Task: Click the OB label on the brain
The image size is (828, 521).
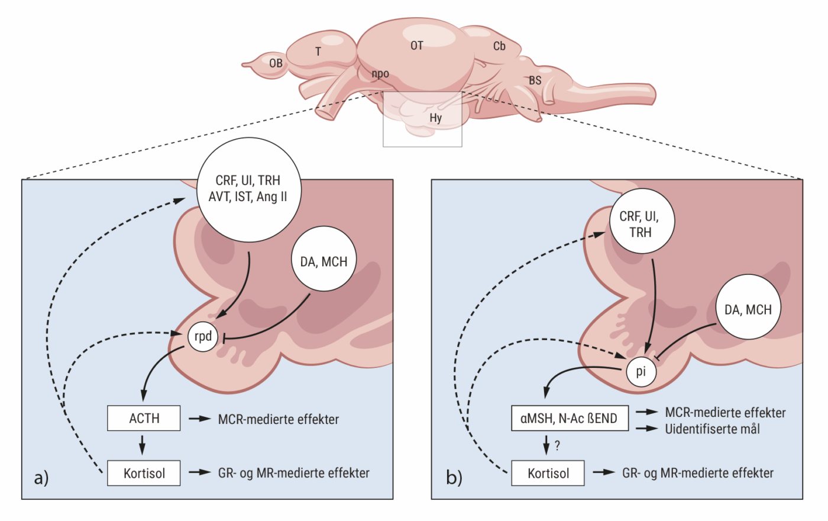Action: pos(276,63)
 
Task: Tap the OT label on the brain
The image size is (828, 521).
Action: pos(417,46)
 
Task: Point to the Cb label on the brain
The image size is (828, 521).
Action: pos(499,46)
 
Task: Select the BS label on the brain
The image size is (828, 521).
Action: pos(535,80)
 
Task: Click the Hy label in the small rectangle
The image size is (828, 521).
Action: pos(436,118)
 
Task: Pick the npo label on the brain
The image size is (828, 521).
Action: pos(380,74)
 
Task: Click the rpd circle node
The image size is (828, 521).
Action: pos(203,336)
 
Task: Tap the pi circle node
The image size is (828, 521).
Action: pos(641,372)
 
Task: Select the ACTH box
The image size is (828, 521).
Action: pos(144,419)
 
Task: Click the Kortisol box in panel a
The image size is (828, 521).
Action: pos(144,473)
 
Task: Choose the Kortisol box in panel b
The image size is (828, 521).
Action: pos(548,473)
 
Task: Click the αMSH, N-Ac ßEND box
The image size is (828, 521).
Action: pos(569,419)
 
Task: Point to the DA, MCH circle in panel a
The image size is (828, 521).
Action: pos(324,261)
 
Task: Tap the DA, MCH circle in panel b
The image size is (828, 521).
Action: pos(748,309)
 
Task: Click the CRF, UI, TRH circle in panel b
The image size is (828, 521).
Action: pos(641,225)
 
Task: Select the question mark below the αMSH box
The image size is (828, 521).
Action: pos(557,445)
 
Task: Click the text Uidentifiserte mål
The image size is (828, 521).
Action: pos(712,429)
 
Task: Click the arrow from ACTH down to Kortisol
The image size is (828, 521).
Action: pos(143,444)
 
